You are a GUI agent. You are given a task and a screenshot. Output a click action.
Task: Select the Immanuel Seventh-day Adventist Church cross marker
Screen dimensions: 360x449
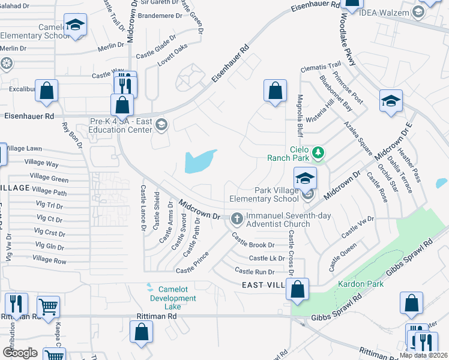pos(237,219)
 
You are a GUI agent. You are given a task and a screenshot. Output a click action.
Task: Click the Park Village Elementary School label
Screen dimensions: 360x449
pos(264,194)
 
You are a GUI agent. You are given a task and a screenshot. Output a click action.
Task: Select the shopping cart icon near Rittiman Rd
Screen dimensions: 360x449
pos(48,306)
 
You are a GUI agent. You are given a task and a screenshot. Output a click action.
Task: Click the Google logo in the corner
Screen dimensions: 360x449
pos(20,352)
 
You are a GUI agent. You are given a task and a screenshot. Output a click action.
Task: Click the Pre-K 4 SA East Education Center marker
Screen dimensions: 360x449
pos(160,125)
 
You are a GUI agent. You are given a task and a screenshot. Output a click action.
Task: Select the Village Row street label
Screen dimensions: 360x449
pos(50,260)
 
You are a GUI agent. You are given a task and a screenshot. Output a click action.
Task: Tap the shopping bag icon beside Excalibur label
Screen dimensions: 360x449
pos(46,90)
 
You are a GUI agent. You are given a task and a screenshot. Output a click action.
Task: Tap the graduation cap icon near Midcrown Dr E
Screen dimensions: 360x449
pos(391,100)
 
